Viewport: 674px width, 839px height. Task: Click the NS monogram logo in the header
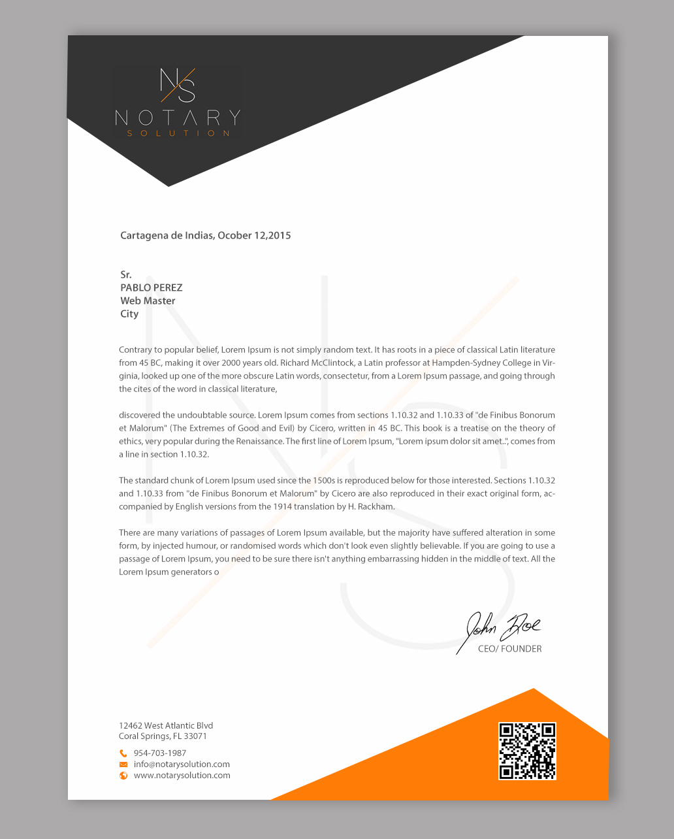(178, 85)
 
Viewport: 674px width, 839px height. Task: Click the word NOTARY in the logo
(178, 118)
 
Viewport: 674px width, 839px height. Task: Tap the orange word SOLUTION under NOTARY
(178, 133)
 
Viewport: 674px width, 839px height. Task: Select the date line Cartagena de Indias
(205, 235)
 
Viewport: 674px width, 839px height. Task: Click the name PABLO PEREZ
(152, 288)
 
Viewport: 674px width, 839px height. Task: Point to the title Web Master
(148, 301)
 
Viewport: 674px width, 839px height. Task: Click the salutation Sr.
(126, 274)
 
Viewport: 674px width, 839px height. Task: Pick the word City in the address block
(129, 314)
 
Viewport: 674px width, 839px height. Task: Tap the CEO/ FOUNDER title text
(509, 649)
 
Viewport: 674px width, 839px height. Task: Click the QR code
(527, 751)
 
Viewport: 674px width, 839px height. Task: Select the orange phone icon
(123, 753)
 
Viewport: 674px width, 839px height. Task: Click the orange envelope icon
(123, 765)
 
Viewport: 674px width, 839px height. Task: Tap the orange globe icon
(123, 776)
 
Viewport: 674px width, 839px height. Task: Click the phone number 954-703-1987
(160, 753)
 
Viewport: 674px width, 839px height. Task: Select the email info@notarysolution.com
(182, 765)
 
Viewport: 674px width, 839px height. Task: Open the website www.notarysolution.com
(182, 776)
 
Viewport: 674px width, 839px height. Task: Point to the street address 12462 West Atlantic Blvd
(166, 725)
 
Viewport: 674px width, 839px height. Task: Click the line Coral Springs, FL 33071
(163, 736)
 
